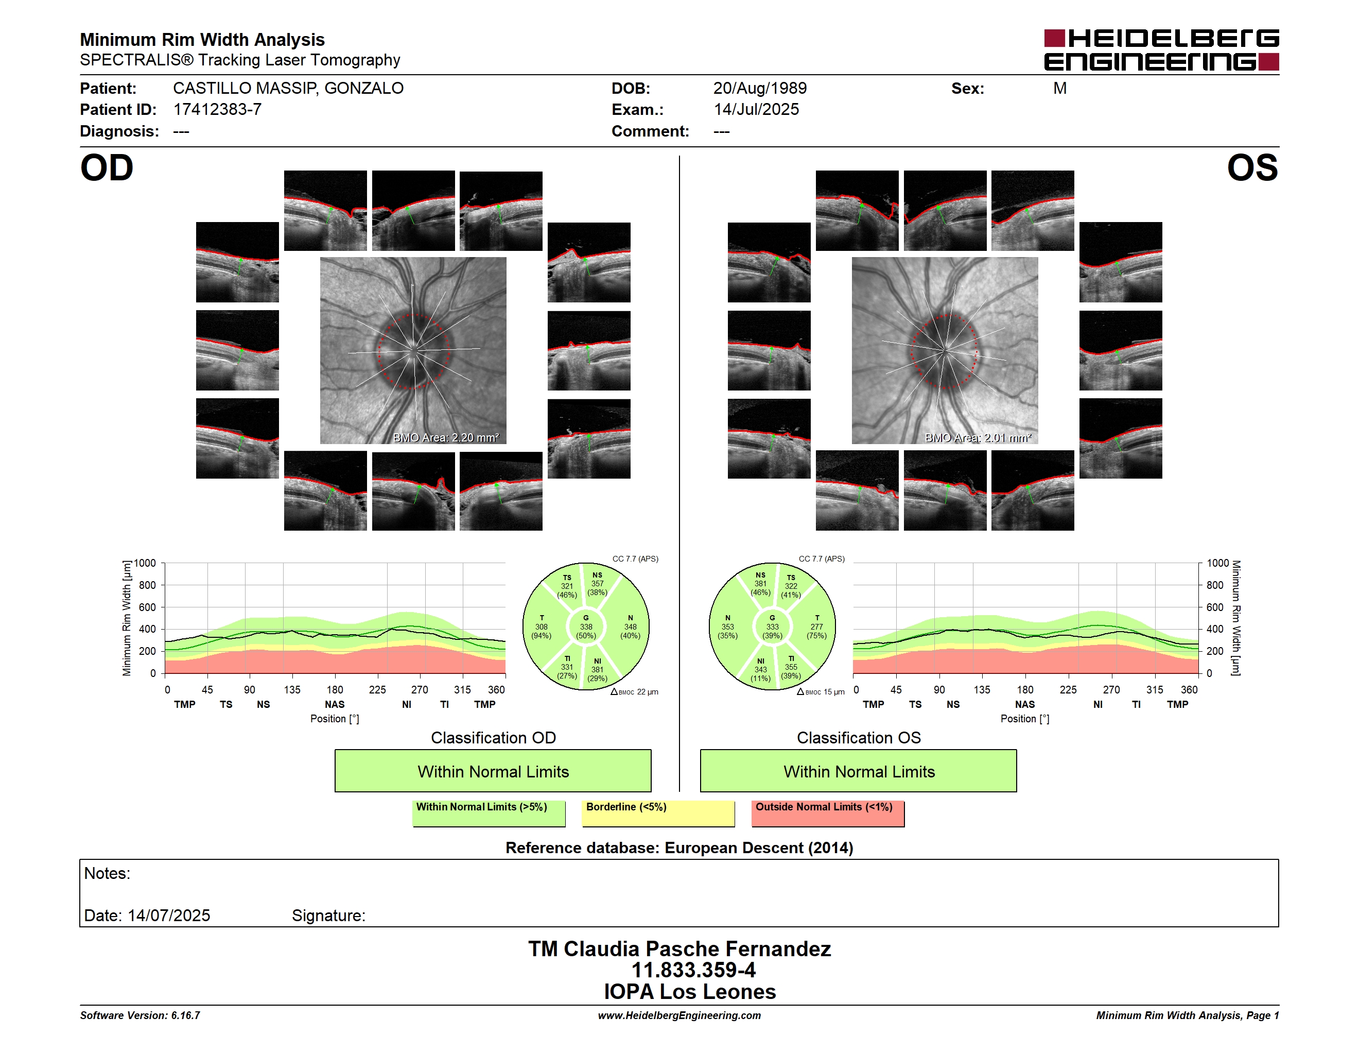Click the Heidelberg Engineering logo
tap(1161, 50)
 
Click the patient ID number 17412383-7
tap(217, 110)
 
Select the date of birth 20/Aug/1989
tap(760, 89)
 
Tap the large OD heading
tap(107, 168)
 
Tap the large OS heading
tap(1252, 168)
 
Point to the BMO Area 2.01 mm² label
tap(978, 438)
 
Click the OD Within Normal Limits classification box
tap(493, 771)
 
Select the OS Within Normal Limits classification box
tap(859, 771)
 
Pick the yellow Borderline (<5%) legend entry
tap(658, 813)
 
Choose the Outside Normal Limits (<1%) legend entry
tap(828, 813)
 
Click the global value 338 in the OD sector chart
tap(586, 627)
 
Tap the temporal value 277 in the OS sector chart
tap(816, 627)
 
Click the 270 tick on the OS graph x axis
tap(1111, 690)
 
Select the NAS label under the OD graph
tap(335, 704)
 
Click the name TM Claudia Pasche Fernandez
tap(679, 949)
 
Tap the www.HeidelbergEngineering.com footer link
tap(679, 1015)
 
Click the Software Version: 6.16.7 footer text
tap(140, 1015)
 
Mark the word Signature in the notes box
tap(328, 916)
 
